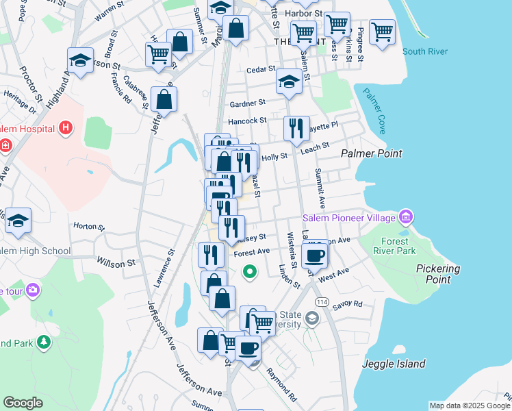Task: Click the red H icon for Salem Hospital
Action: (66, 127)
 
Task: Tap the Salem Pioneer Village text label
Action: (350, 218)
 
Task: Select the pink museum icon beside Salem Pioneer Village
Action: (406, 218)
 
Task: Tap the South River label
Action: (425, 51)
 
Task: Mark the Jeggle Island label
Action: (394, 364)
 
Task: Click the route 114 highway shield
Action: (320, 302)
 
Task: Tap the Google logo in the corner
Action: (23, 403)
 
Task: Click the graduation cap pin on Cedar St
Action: (289, 82)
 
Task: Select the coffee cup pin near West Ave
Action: (314, 255)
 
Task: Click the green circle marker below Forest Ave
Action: (251, 272)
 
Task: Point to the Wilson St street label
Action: (116, 263)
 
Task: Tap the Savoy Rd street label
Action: (348, 304)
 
